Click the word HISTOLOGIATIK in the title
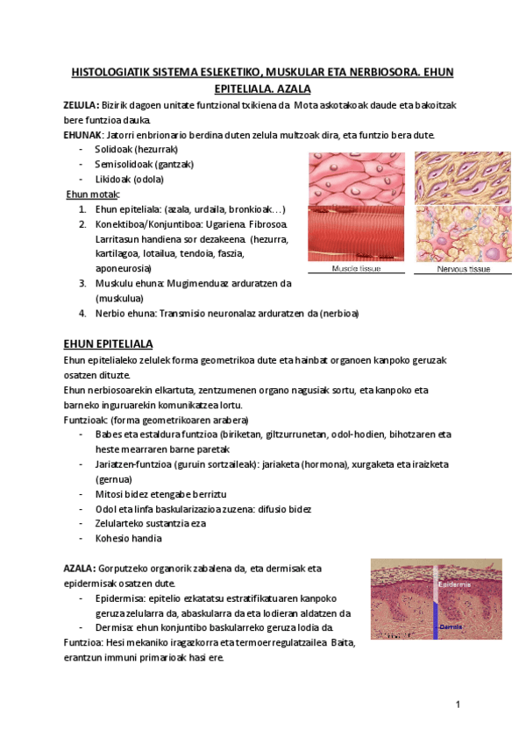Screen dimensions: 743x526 (107, 72)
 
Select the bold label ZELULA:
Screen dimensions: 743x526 (81, 105)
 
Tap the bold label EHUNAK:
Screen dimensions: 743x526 (83, 135)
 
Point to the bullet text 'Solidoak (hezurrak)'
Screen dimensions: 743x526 (136, 150)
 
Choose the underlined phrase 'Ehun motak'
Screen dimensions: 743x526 (94, 195)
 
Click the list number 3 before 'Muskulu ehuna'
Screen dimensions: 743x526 (82, 283)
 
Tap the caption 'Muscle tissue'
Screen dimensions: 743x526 (355, 269)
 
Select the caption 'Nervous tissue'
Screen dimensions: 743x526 (463, 269)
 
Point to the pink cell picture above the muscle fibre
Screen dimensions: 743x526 (355, 179)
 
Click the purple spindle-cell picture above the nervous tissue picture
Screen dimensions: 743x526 (463, 178)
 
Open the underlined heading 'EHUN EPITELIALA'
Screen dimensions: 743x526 (108, 343)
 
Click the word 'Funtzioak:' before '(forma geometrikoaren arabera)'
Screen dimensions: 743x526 (85, 420)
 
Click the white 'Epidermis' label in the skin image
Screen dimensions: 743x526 (453, 584)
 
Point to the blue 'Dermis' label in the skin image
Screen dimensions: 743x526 (451, 627)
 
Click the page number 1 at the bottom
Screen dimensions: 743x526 (458, 704)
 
